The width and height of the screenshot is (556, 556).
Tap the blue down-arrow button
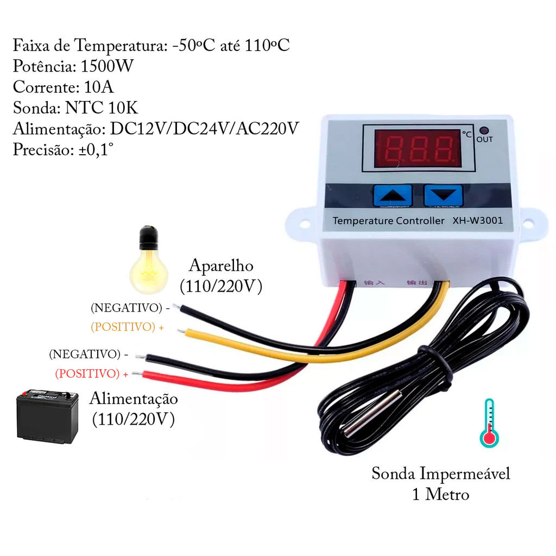[443, 195]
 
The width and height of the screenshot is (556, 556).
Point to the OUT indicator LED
[484, 130]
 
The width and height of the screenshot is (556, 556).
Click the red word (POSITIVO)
[87, 374]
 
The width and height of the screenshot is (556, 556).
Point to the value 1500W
[107, 66]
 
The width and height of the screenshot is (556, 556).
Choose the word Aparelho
[221, 266]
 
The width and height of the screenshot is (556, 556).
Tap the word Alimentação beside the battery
[134, 399]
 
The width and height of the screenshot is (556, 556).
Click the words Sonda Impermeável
[441, 473]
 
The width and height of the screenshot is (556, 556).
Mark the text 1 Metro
[441, 495]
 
